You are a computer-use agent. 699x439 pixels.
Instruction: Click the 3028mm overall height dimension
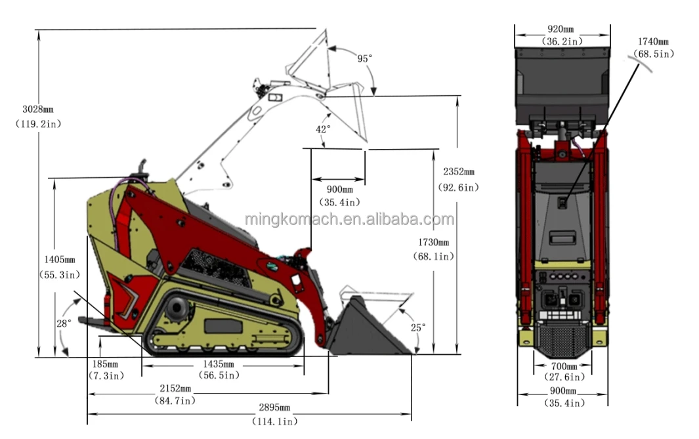click(x=37, y=109)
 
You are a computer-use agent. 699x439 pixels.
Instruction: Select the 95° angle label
click(x=364, y=58)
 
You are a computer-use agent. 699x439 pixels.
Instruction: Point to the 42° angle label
click(x=323, y=129)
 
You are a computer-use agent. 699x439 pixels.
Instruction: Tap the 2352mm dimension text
click(x=458, y=172)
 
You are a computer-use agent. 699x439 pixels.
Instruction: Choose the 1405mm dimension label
click(x=57, y=260)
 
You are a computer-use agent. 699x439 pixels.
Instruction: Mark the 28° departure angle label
click(x=64, y=324)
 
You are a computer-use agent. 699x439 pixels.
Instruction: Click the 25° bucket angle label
click(x=418, y=327)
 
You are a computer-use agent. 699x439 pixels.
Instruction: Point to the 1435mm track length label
click(x=219, y=364)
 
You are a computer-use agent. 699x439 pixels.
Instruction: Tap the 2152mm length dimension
click(x=174, y=389)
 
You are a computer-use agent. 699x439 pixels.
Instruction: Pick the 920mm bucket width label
click(x=562, y=30)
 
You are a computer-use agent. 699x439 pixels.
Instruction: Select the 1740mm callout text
click(x=654, y=43)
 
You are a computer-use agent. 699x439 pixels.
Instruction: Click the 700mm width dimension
click(x=563, y=366)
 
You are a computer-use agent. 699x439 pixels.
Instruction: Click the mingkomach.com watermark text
click(x=349, y=219)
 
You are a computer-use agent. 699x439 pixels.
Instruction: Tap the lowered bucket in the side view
click(x=368, y=328)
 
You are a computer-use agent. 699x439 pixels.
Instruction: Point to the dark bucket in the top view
click(x=562, y=85)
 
